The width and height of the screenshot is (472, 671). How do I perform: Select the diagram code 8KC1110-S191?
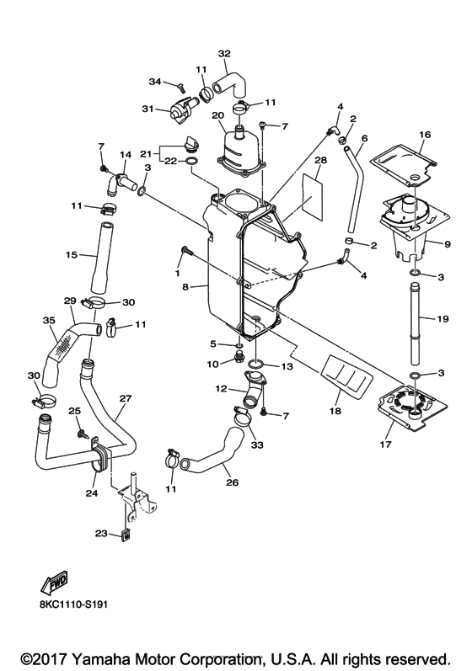click(72, 604)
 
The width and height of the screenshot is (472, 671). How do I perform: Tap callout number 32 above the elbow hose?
click(224, 54)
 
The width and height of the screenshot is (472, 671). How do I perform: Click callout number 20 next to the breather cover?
click(217, 115)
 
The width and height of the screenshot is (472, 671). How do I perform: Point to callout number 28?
click(320, 160)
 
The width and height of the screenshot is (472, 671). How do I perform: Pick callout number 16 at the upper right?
click(425, 135)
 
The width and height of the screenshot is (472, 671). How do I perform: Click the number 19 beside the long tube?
click(442, 318)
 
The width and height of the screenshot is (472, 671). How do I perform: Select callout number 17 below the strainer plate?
click(385, 445)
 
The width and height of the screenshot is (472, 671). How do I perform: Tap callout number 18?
click(335, 411)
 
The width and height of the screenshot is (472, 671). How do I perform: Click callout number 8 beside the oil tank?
click(185, 287)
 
